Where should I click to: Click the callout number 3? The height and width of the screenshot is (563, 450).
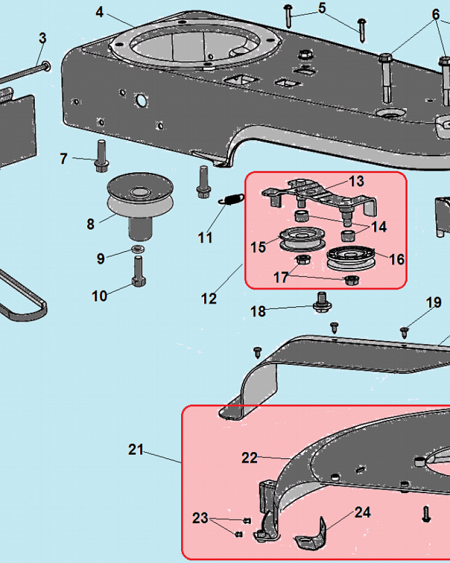(x=42, y=38)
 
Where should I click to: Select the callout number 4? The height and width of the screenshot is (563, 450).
(x=100, y=12)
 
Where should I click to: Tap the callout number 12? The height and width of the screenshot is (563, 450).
(x=209, y=298)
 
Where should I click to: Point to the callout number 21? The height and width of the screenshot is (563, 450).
(x=136, y=449)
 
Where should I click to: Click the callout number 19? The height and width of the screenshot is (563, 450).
(x=434, y=302)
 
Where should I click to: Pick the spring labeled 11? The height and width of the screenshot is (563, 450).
(x=231, y=199)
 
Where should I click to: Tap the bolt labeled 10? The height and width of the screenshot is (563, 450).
(x=138, y=271)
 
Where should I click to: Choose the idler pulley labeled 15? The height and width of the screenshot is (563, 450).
(x=302, y=239)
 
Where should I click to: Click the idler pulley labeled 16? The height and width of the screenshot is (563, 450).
(x=351, y=258)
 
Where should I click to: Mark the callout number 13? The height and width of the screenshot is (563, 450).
(x=356, y=181)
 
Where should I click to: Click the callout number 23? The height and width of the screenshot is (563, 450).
(x=200, y=518)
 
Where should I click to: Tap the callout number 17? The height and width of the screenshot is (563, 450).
(x=281, y=277)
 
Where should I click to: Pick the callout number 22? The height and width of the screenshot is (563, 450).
(x=249, y=458)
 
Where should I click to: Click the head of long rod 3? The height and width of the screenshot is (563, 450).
(x=46, y=66)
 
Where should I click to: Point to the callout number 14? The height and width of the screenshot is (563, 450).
(x=379, y=227)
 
